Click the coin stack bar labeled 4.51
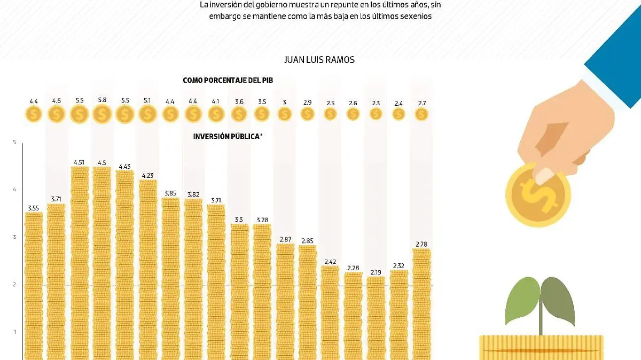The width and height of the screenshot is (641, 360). pyautogui.click(x=80, y=262)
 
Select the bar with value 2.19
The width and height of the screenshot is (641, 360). pyautogui.click(x=376, y=318)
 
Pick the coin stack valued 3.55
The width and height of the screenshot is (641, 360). pyautogui.click(x=34, y=286)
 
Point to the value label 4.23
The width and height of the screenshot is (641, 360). pyautogui.click(x=148, y=174)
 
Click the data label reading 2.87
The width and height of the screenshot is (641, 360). pyautogui.click(x=285, y=240)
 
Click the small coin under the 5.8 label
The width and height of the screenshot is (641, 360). pyautogui.click(x=102, y=114)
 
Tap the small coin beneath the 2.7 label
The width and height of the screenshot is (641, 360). pyautogui.click(x=421, y=114)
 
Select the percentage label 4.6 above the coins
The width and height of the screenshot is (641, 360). pyautogui.click(x=57, y=100)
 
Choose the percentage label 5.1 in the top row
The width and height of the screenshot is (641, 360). pyautogui.click(x=148, y=100)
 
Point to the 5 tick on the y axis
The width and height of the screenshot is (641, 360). pyautogui.click(x=14, y=142)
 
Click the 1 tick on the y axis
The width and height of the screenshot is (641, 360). pyautogui.click(x=14, y=332)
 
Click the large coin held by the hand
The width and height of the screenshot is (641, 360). pyautogui.click(x=538, y=195)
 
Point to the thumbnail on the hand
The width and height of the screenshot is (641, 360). pyautogui.click(x=544, y=175)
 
